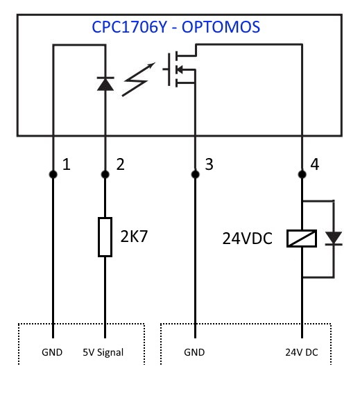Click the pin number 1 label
click(x=67, y=165)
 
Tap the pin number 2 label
click(x=120, y=165)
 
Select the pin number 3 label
click(x=209, y=165)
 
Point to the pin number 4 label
click(x=316, y=165)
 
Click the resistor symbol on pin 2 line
click(x=104, y=236)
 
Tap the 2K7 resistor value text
click(x=135, y=236)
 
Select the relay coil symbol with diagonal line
click(x=302, y=239)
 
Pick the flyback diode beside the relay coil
click(x=334, y=239)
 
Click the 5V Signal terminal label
click(x=104, y=352)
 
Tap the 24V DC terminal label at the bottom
click(x=302, y=352)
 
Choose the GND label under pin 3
click(x=195, y=352)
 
